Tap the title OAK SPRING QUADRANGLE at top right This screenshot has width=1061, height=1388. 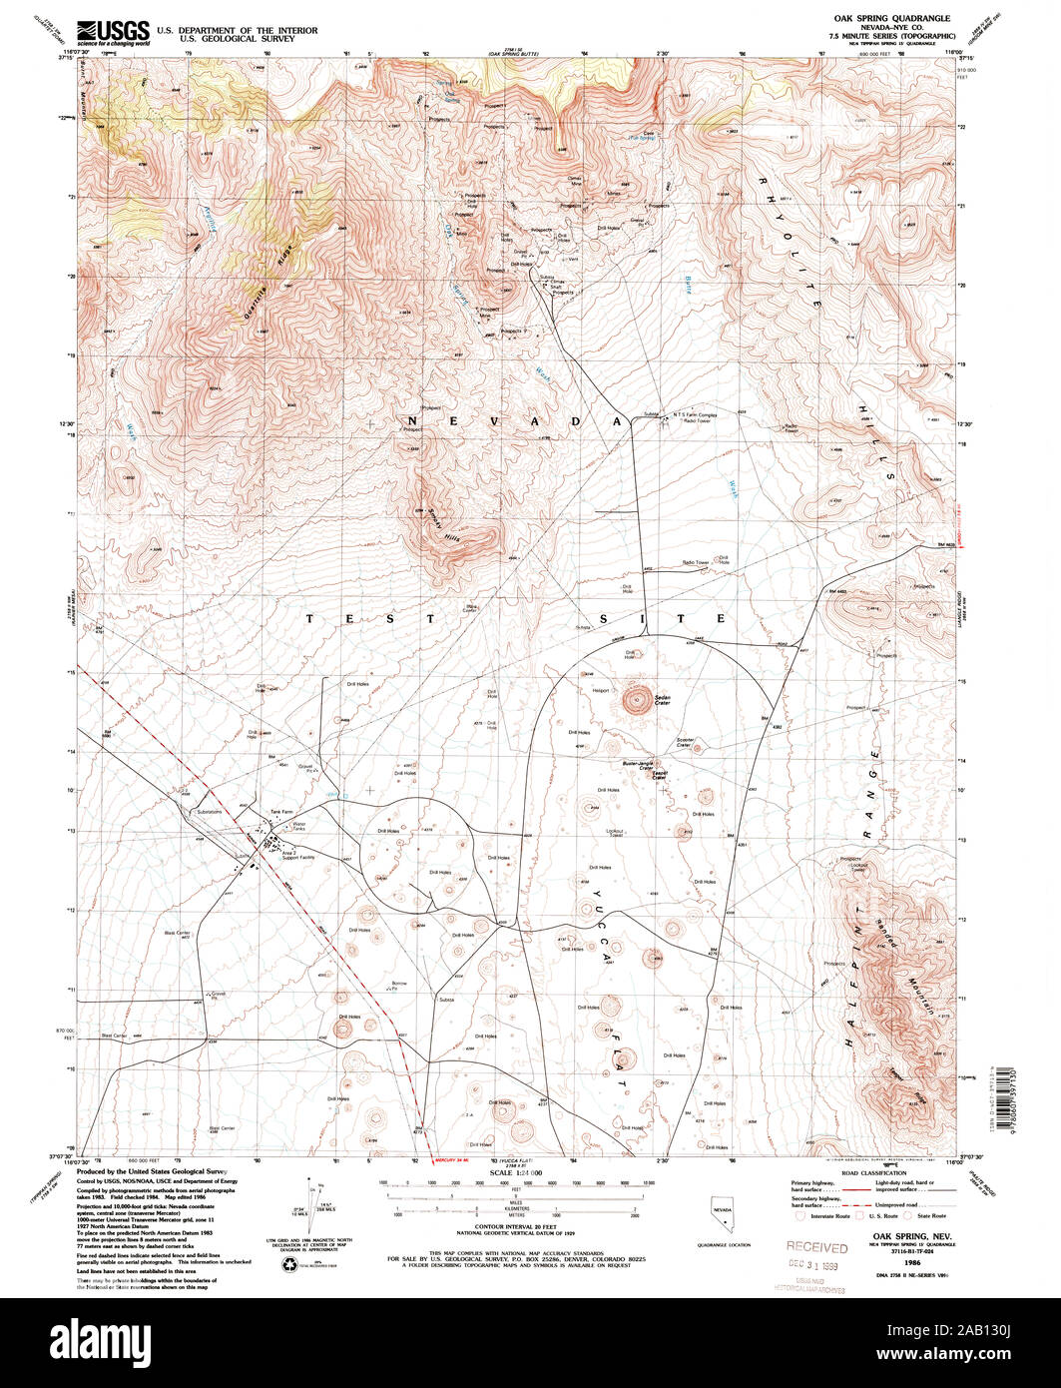click(891, 19)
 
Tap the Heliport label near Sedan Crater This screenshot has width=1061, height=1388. click(601, 690)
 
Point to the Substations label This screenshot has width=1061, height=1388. click(210, 812)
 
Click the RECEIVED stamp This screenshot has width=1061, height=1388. click(816, 1246)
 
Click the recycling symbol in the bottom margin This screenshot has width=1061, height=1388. click(289, 1264)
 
